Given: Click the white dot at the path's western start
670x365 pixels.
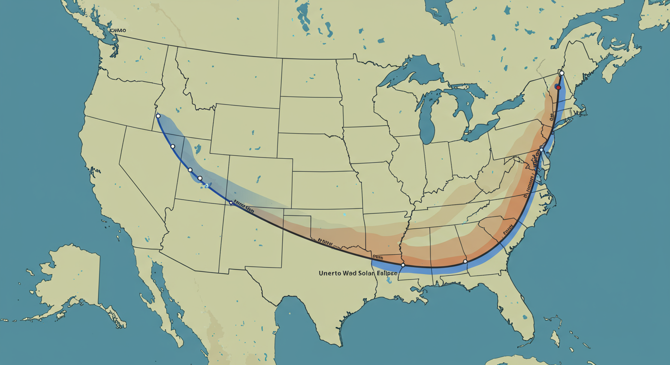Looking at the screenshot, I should [x=158, y=116].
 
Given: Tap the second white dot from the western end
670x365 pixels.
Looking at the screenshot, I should [x=173, y=146].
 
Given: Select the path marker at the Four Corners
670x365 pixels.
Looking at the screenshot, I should [x=231, y=203].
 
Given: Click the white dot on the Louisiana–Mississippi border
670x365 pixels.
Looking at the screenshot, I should [x=403, y=265].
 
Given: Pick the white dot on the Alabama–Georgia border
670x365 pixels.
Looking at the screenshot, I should [x=465, y=261].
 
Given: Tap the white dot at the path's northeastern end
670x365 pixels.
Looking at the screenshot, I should [x=562, y=73].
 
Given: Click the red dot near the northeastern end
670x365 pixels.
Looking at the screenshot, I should [x=558, y=87].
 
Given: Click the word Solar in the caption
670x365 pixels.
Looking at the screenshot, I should [x=363, y=274].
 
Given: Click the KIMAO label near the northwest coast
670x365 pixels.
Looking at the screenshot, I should [x=118, y=30].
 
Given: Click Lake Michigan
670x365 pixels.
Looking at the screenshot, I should [x=427, y=119].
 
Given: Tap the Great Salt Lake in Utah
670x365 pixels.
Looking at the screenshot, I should [x=197, y=149].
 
